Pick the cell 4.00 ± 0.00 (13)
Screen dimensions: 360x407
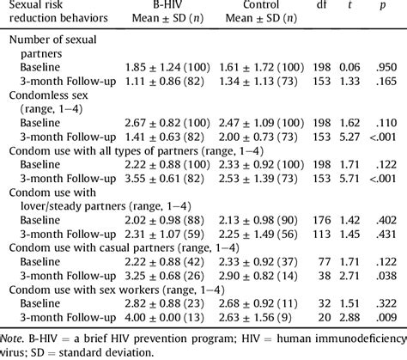[167, 317]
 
